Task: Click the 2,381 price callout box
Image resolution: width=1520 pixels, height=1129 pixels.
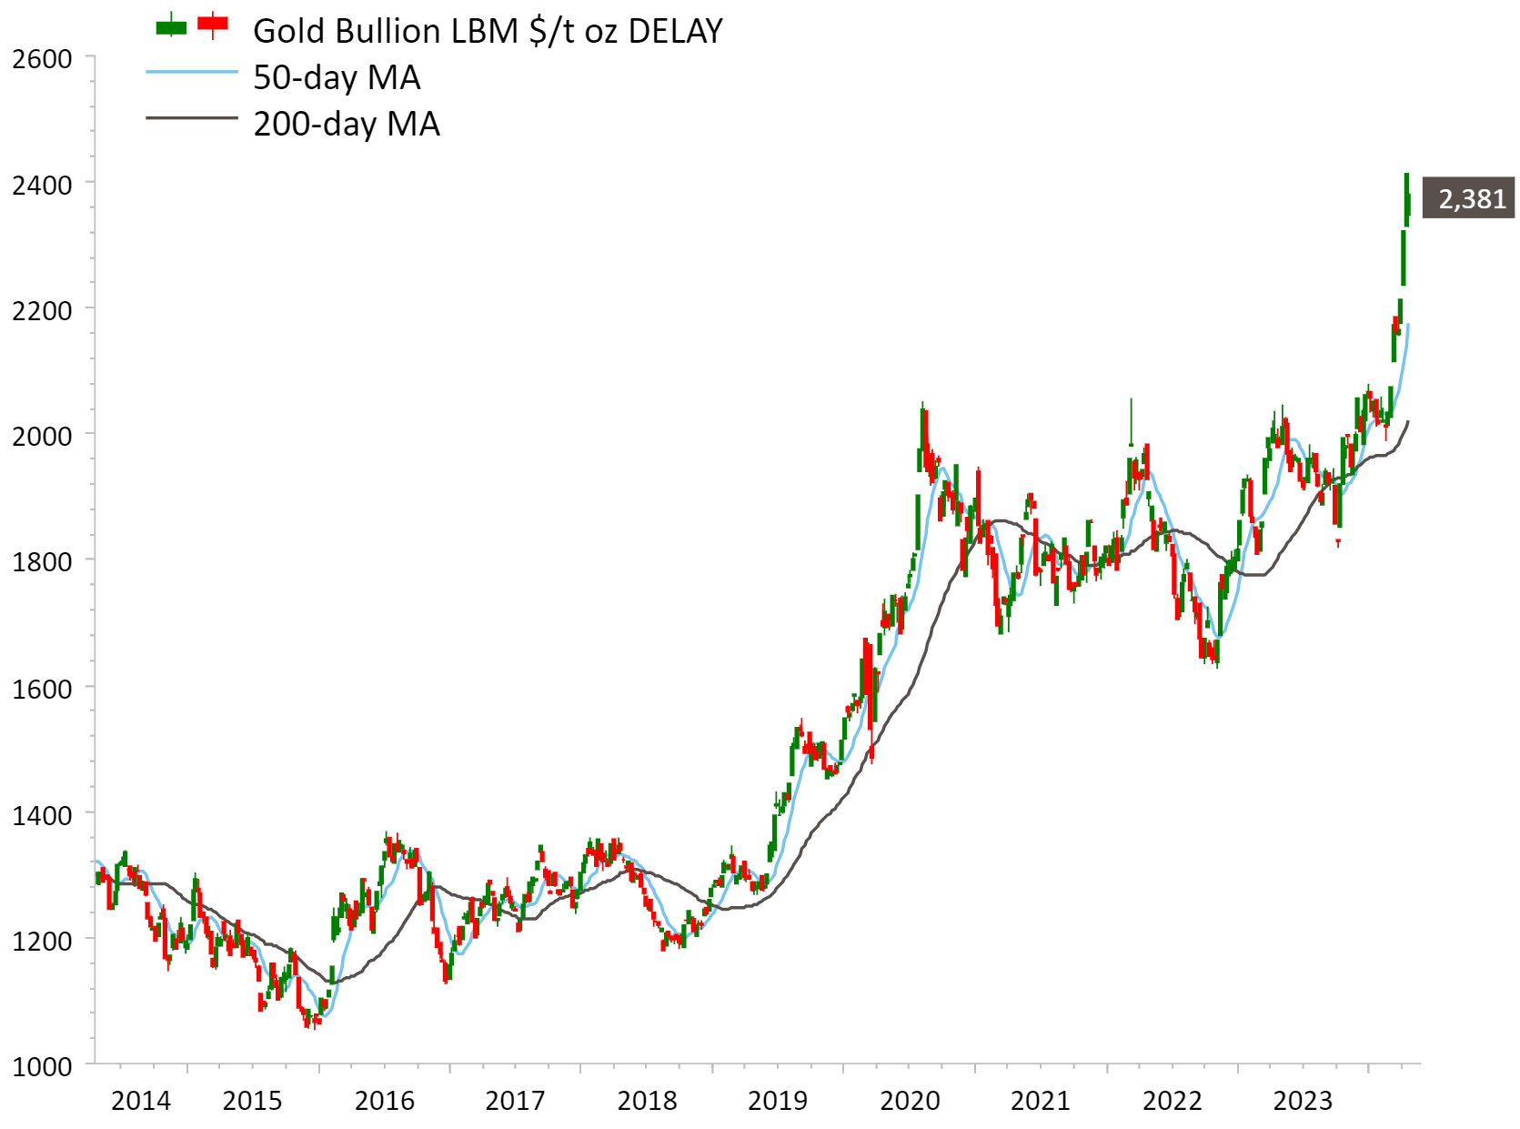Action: click(1468, 197)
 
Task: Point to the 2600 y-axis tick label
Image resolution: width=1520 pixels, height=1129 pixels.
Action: click(42, 59)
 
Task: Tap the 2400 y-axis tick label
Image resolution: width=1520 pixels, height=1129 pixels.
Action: click(42, 185)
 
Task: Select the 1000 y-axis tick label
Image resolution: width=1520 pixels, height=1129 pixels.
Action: click(42, 1066)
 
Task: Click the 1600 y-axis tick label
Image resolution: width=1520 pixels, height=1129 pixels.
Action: click(42, 689)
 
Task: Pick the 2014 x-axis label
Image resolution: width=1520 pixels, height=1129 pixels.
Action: click(140, 1101)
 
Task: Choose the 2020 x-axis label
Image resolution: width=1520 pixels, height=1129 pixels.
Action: click(910, 1101)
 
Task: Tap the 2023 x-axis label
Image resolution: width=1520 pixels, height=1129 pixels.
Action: click(1303, 1101)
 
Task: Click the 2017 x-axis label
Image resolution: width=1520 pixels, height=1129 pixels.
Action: click(515, 1101)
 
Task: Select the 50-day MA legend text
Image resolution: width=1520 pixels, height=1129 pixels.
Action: click(337, 77)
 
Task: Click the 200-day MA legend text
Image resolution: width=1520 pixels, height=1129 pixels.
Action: click(347, 124)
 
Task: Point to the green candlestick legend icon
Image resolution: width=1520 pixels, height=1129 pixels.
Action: click(171, 26)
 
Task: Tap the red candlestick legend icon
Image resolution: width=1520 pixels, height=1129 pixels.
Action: click(213, 25)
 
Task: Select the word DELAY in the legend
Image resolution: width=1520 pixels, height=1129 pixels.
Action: click(675, 31)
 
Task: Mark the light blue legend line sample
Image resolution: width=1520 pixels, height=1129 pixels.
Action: click(191, 72)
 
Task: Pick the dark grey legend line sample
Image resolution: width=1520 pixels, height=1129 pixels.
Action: click(191, 118)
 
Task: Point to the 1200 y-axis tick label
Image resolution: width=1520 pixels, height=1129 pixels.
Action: click(42, 941)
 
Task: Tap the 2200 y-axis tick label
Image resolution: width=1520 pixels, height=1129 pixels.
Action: click(42, 311)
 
